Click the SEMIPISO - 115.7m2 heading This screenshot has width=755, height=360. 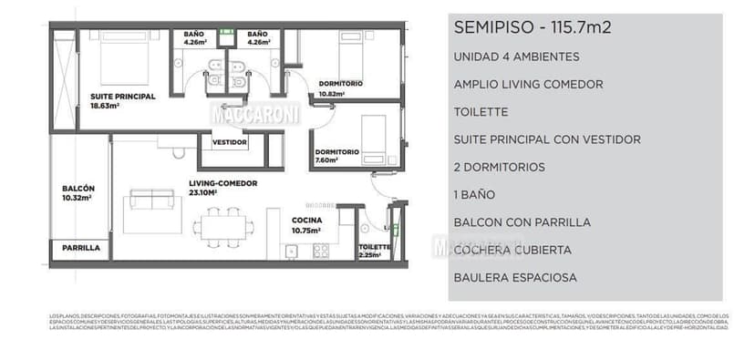pos(532,27)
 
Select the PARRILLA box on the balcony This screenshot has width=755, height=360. pos(80,248)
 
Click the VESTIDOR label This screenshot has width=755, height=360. pos(230,142)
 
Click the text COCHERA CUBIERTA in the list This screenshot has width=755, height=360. pos(512,250)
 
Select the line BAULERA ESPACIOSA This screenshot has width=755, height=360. pos(514,277)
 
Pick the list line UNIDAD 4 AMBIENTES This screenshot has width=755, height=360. pos(515,57)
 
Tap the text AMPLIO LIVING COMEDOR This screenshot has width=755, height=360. pos(528,84)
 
